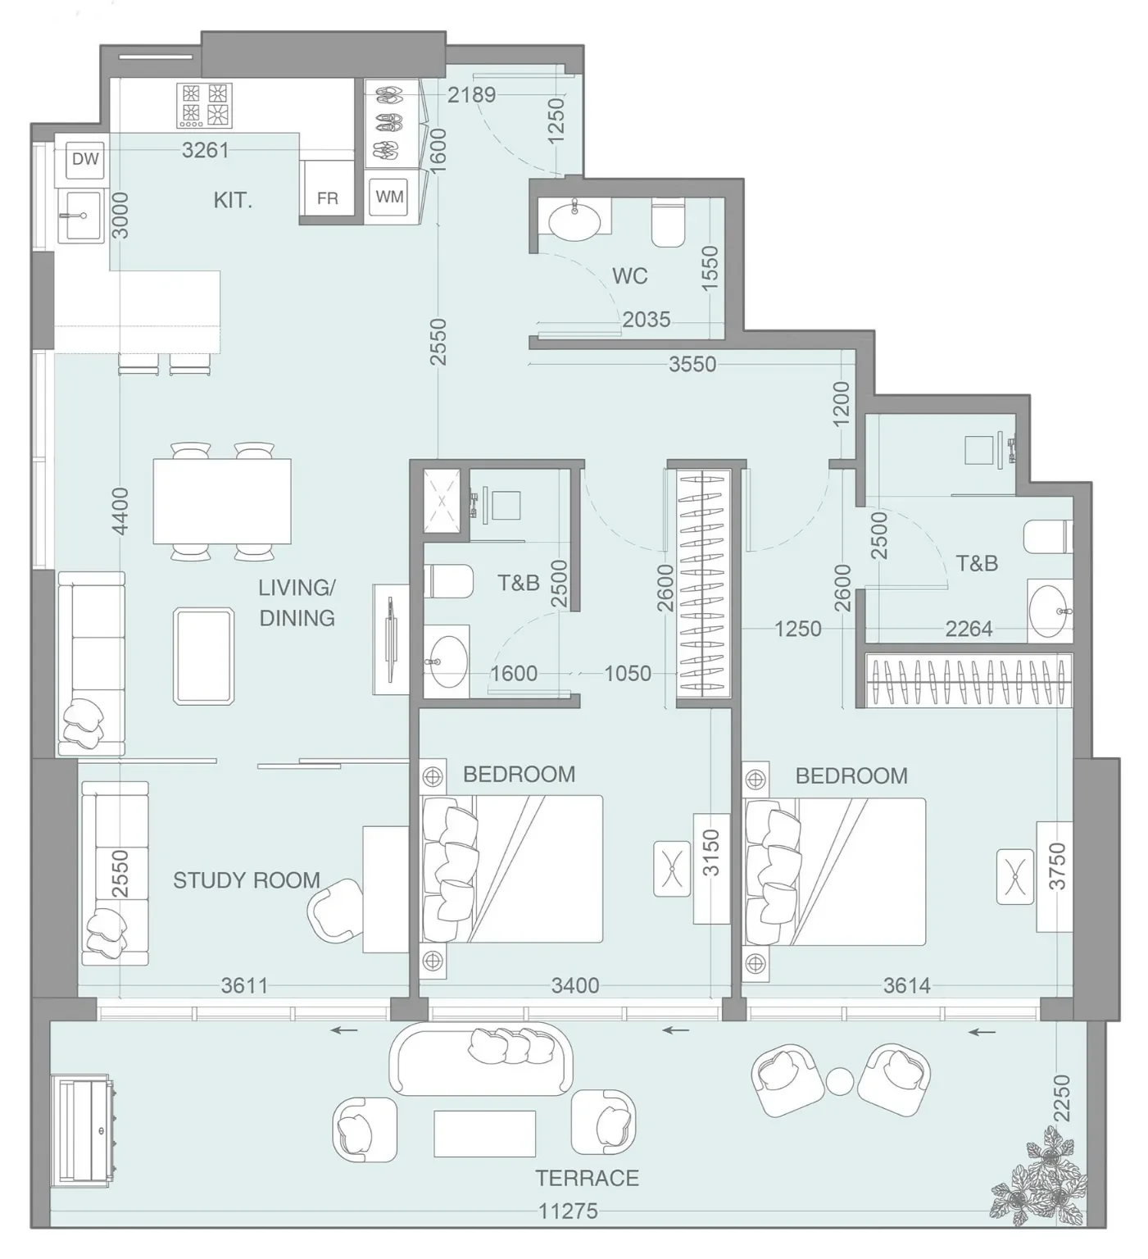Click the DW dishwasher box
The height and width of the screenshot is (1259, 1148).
pyautogui.click(x=85, y=159)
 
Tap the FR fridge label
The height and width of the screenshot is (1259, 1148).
pyautogui.click(x=327, y=198)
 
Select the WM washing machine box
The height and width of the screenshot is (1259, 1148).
pyautogui.click(x=390, y=197)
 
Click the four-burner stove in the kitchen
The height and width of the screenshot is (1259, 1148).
pyautogui.click(x=204, y=105)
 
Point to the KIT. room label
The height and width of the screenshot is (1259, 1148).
pyautogui.click(x=233, y=200)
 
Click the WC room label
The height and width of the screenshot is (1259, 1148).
pyautogui.click(x=629, y=276)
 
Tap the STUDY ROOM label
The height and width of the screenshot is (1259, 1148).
pyautogui.click(x=247, y=880)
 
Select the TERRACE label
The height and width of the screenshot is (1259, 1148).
pyautogui.click(x=587, y=1178)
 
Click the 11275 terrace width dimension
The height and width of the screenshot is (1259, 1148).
pyautogui.click(x=569, y=1211)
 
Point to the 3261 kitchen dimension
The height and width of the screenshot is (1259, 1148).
pyautogui.click(x=206, y=150)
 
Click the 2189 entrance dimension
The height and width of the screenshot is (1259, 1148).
pyautogui.click(x=472, y=94)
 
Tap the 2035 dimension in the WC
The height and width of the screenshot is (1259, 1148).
pyautogui.click(x=647, y=319)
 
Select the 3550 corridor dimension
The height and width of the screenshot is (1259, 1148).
pyautogui.click(x=692, y=364)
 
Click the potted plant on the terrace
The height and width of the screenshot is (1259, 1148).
pyautogui.click(x=1039, y=1174)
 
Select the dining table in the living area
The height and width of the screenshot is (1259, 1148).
pyautogui.click(x=222, y=502)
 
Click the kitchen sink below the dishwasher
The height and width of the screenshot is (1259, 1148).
pyautogui.click(x=84, y=215)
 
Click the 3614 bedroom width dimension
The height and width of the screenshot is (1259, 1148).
pyautogui.click(x=907, y=985)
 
